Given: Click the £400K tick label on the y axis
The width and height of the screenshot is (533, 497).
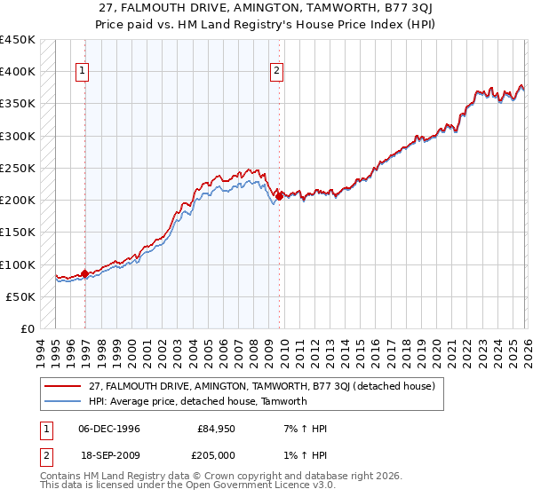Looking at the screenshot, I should coord(18,72).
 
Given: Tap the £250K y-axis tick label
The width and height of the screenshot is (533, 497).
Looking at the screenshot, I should coord(18,168).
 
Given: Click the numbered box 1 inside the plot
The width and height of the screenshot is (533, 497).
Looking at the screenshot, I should coord(83,72).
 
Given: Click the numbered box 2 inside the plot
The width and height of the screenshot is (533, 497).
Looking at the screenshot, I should coord(277,72).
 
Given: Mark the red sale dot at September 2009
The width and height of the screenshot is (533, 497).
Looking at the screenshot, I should coord(279,197).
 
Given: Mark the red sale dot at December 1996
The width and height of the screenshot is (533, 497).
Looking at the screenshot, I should coord(85,274).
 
